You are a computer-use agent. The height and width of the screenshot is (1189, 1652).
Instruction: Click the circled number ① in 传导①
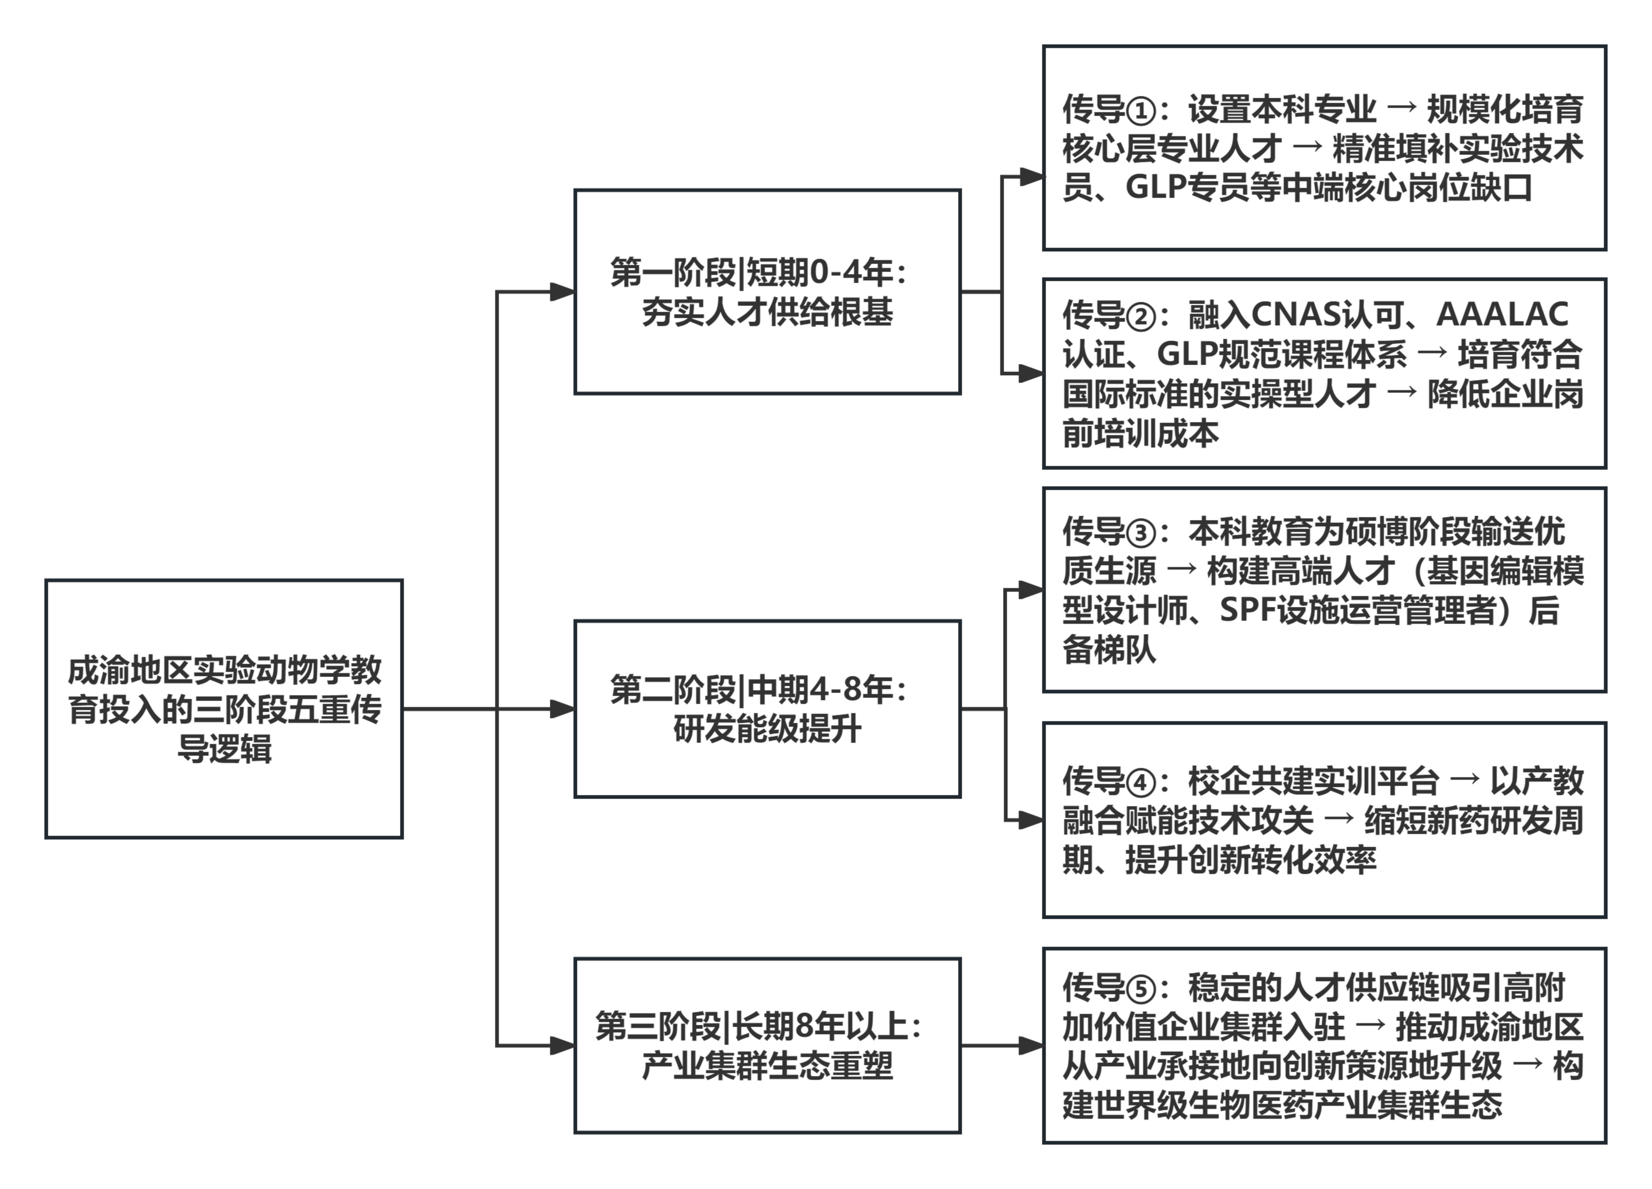point(1141,111)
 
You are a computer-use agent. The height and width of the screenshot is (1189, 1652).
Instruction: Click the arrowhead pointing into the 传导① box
point(1031,176)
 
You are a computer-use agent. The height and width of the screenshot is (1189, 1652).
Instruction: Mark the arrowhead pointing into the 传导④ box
point(1031,820)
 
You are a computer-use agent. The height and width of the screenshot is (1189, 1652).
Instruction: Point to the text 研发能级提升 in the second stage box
point(767,729)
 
